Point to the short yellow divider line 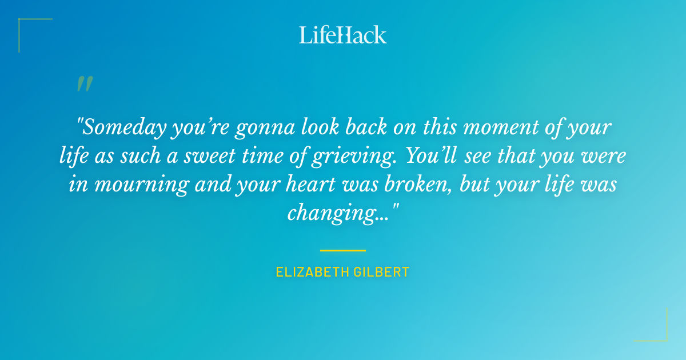pyautogui.click(x=342, y=250)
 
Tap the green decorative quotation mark pyautogui.click(x=84, y=83)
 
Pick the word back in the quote pyautogui.click(x=356, y=127)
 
